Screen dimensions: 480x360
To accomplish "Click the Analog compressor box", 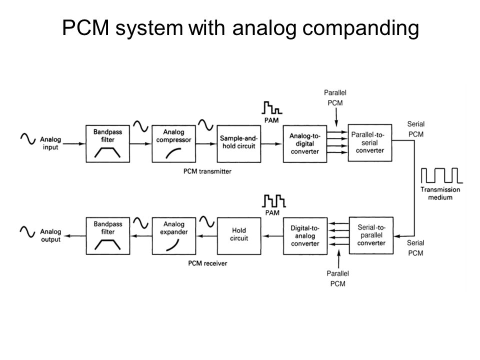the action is point(173,143).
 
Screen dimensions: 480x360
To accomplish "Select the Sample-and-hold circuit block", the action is point(239,143).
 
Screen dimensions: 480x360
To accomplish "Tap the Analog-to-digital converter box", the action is point(305,143).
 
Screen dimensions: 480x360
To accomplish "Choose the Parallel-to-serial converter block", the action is point(370,142).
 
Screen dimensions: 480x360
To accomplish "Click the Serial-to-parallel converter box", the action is point(371,235).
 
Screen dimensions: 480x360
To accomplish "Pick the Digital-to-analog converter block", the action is point(305,236).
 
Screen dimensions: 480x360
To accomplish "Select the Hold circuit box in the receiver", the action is point(239,236).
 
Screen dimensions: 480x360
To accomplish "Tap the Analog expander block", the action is point(174,236).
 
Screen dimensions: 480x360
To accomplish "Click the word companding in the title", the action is point(360,28).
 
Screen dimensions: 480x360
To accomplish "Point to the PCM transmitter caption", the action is point(207,171).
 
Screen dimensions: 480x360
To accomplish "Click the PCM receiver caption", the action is point(207,263).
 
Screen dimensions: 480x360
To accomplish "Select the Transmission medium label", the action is point(440,193).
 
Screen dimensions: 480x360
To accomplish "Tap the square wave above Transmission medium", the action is point(441,175).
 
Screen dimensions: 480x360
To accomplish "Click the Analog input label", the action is point(50,143).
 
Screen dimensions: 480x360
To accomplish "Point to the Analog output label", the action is point(51,235).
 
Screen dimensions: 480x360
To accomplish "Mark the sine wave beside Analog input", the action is point(28,138).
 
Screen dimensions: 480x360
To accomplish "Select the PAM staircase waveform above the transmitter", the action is point(272,108).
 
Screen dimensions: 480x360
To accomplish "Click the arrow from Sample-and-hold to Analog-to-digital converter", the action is point(271,143).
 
